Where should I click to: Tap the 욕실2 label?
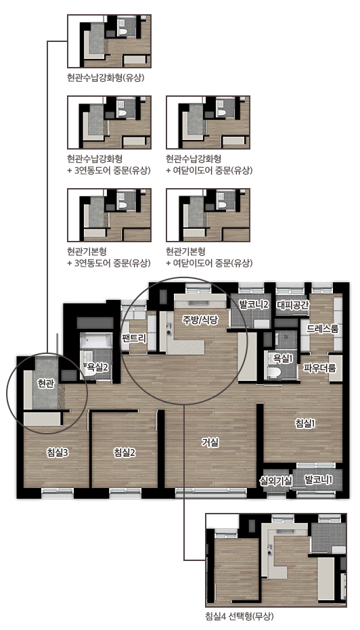click(95, 367)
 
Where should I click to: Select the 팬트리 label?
click(134, 338)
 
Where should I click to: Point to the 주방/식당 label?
click(200, 320)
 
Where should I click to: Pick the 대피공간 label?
click(293, 305)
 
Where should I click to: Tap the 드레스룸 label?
click(323, 329)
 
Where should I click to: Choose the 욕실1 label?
click(284, 357)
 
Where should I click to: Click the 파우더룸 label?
click(319, 368)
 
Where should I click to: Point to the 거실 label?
click(210, 443)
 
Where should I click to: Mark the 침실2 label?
click(125, 453)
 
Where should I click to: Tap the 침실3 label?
click(57, 453)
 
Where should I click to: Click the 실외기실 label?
click(275, 480)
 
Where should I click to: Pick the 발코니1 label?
click(319, 479)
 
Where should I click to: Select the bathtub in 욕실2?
click(95, 341)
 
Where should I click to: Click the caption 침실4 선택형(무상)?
click(240, 616)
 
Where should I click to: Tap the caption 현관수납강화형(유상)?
click(106, 77)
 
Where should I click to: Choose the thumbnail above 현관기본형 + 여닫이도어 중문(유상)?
click(208, 215)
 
